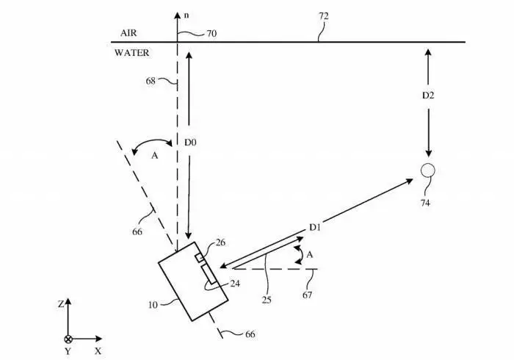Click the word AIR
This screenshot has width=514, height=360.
(129, 34)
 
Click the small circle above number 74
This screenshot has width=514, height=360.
(428, 170)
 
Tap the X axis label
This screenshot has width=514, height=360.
(98, 352)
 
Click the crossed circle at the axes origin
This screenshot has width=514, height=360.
(68, 339)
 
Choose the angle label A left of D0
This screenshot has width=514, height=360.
(153, 156)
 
